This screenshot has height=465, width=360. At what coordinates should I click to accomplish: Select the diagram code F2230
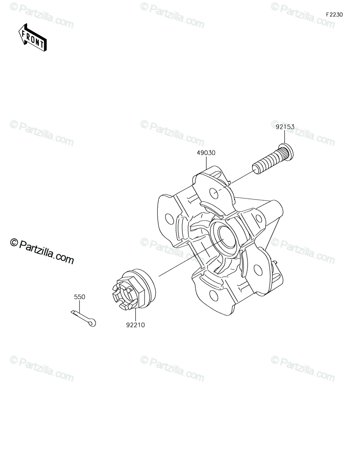coord(334,15)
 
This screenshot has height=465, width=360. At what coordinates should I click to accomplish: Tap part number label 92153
coord(285,127)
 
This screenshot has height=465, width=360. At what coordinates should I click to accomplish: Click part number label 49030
coord(206,153)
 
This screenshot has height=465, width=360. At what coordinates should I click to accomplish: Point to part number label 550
coord(79,297)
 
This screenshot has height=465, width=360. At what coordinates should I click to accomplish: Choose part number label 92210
coord(135,325)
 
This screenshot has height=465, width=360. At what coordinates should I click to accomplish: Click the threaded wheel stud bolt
coord(273,159)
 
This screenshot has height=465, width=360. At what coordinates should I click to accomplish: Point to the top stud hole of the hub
coord(214,193)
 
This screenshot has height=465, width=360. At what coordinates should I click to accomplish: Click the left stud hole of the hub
coord(169,219)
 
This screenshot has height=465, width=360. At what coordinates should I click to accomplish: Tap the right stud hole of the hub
coord(259,219)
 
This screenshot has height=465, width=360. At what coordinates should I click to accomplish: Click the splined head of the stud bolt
coord(286,152)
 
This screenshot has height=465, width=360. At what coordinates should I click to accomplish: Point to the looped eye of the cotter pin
coord(92,323)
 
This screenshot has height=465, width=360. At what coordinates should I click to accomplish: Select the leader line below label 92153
coord(285,137)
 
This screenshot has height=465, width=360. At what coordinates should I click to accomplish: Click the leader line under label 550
coord(79,307)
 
